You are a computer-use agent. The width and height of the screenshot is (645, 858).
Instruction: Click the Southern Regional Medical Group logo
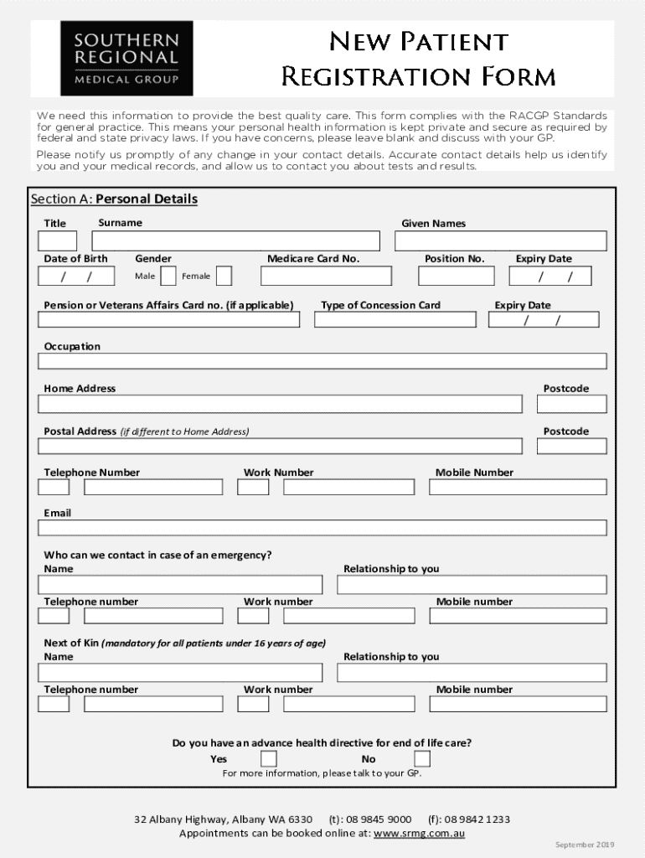tap(126, 58)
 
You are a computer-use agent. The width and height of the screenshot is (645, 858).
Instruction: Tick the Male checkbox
tap(168, 276)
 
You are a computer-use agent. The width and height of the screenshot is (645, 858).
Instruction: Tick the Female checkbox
tap(224, 276)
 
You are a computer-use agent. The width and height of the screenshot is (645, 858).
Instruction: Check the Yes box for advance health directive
tap(269, 759)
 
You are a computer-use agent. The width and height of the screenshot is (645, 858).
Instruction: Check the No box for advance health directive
tap(422, 759)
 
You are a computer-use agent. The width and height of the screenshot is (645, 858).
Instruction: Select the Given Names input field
tap(500, 241)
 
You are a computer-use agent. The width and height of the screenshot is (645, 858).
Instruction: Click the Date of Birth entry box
tap(76, 276)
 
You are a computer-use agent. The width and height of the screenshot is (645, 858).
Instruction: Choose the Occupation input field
tap(322, 361)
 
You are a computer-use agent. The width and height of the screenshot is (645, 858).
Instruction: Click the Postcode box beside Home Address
tap(571, 404)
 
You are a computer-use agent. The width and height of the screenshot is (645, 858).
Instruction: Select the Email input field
tap(322, 528)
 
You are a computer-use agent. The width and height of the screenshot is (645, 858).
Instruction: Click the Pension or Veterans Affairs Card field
tap(168, 319)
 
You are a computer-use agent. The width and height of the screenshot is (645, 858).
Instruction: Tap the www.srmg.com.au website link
tap(419, 834)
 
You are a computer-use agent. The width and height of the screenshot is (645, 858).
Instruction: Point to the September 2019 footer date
tap(585, 845)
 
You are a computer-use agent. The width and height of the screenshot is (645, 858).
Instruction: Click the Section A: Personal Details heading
tap(114, 199)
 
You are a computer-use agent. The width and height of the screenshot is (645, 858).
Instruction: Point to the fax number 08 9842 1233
tap(477, 819)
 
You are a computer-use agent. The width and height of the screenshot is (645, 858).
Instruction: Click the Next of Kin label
tap(72, 643)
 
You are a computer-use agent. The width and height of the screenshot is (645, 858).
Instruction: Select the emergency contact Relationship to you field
tap(472, 584)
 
